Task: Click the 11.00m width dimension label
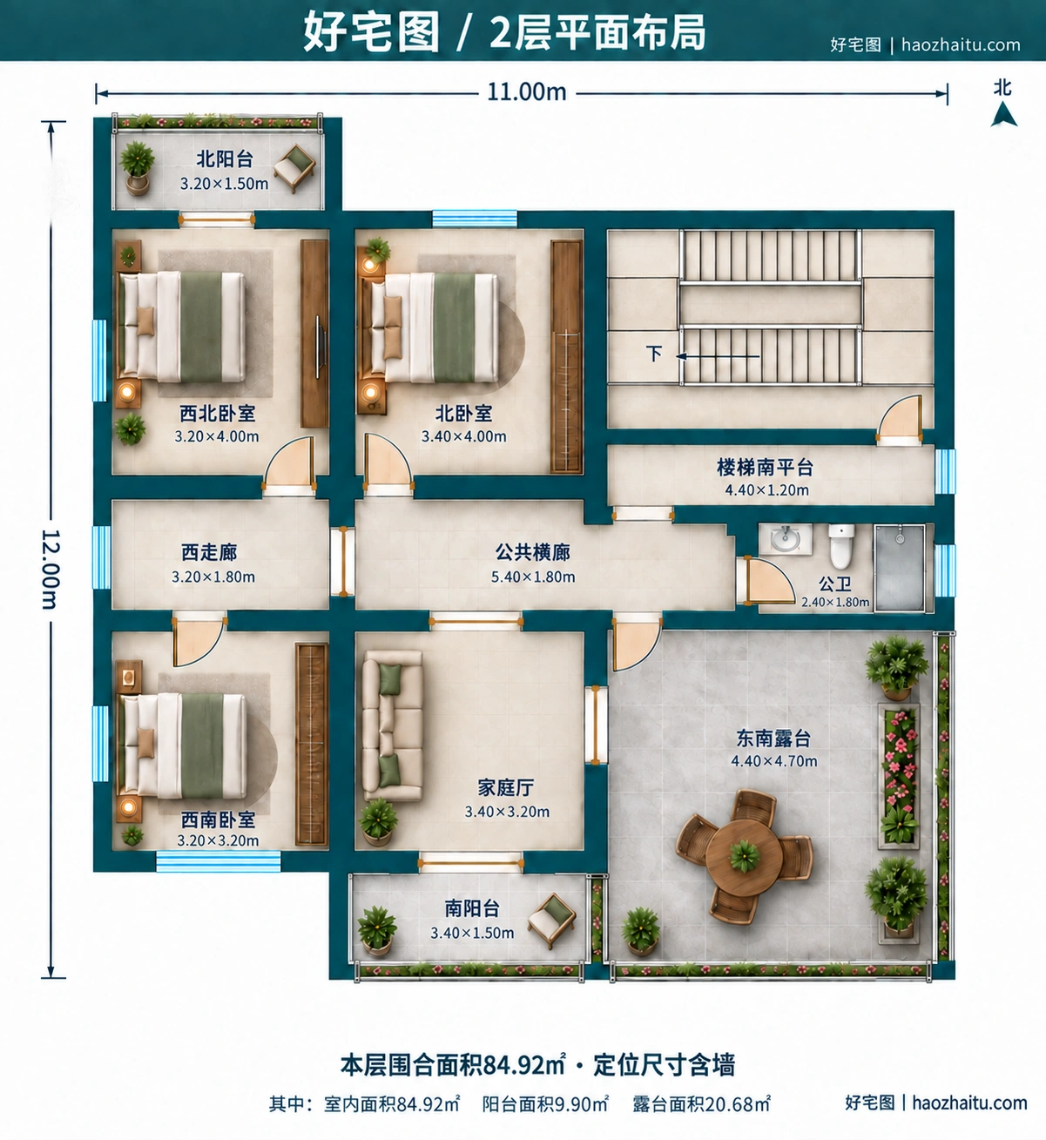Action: pos(526,92)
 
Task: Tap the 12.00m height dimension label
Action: pos(51,569)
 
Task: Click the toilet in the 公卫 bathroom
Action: pos(841,545)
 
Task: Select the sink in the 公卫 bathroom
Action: pos(786,539)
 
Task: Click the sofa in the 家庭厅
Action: pos(392,725)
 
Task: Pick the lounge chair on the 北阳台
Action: pos(295,167)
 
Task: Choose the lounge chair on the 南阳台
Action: pos(551,920)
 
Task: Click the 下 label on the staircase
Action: pos(654,354)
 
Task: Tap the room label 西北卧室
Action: pos(218,413)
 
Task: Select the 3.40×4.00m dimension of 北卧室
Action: pos(464,436)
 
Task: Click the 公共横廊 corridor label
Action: pos(533,552)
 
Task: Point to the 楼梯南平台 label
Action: pos(766,468)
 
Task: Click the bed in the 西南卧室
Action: pos(182,745)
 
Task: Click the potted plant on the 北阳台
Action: pos(137,167)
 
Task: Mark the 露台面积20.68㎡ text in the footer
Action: pos(701,1103)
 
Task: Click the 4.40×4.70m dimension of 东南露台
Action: pos(773,761)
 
